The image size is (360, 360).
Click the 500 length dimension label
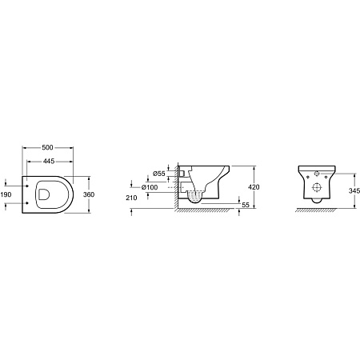click(x=47, y=147)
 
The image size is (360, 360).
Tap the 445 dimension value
click(x=49, y=161)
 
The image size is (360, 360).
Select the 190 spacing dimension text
click(x=6, y=194)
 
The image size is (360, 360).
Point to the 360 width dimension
click(x=89, y=194)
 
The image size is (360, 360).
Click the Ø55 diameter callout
click(x=159, y=174)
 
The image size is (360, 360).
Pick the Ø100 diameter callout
click(x=150, y=187)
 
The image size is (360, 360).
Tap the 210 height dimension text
click(x=131, y=198)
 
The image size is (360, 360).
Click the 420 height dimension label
click(x=254, y=187)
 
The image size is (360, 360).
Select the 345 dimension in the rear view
click(x=354, y=190)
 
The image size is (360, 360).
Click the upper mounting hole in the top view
click(x=27, y=186)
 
